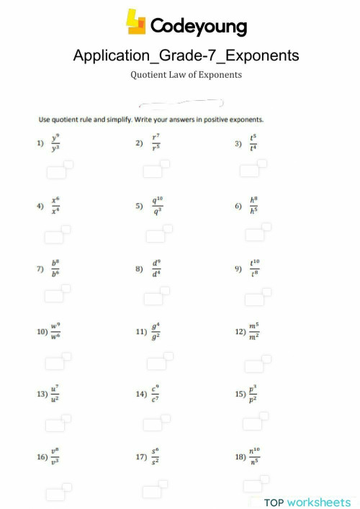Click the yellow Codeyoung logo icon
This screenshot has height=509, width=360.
(x=136, y=22)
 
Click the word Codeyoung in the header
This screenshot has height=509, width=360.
(x=198, y=27)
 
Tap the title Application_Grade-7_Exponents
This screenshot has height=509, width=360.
(x=186, y=55)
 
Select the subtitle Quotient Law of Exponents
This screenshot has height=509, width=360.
(x=186, y=74)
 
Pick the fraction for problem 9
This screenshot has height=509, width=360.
(x=254, y=269)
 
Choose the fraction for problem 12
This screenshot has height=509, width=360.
(x=254, y=331)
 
